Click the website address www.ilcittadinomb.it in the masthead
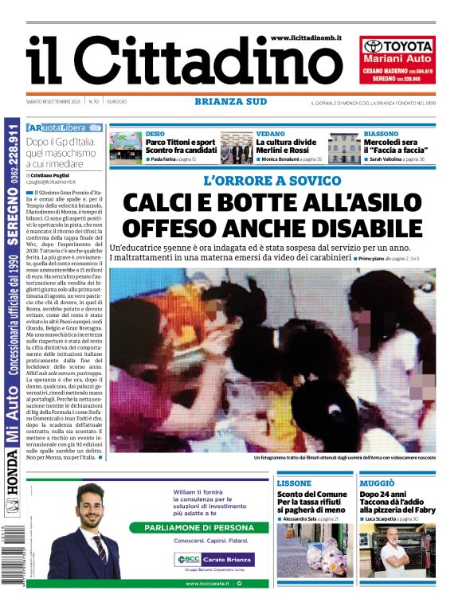pyautogui.click(x=306, y=37)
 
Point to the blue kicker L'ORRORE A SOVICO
pyautogui.click(x=272, y=181)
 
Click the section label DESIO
pyautogui.click(x=155, y=134)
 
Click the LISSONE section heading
pyautogui.click(x=294, y=483)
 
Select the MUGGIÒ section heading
pyautogui.click(x=376, y=483)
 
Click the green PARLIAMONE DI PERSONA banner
pyautogui.click(x=199, y=527)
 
